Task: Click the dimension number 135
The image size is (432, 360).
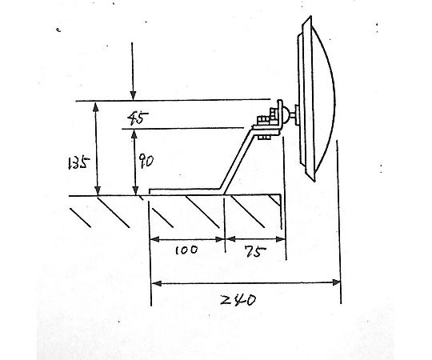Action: pos(78,163)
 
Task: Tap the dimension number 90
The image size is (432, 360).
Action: pos(146,161)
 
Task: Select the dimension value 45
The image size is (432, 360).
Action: pos(138,118)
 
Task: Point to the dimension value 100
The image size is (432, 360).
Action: pos(186,250)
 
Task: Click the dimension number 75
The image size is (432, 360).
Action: pos(255,251)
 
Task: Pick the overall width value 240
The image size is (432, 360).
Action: pos(238,300)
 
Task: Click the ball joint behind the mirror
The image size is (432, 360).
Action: pos(286,114)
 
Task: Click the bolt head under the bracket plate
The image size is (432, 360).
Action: pos(264,137)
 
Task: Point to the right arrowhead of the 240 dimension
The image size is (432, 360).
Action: pos(336,282)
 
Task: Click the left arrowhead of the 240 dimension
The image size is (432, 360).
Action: pos(157,283)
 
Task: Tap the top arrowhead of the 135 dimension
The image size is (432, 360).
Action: pos(96,107)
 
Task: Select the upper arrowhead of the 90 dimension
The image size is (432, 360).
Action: pos(134,134)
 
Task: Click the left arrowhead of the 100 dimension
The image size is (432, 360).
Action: pos(155,239)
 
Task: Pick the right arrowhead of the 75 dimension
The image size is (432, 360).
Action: pos(280,239)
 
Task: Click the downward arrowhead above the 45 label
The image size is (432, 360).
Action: pos(133,95)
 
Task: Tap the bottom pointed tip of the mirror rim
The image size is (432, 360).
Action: pos(314,181)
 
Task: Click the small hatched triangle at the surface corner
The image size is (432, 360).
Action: pos(276,199)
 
